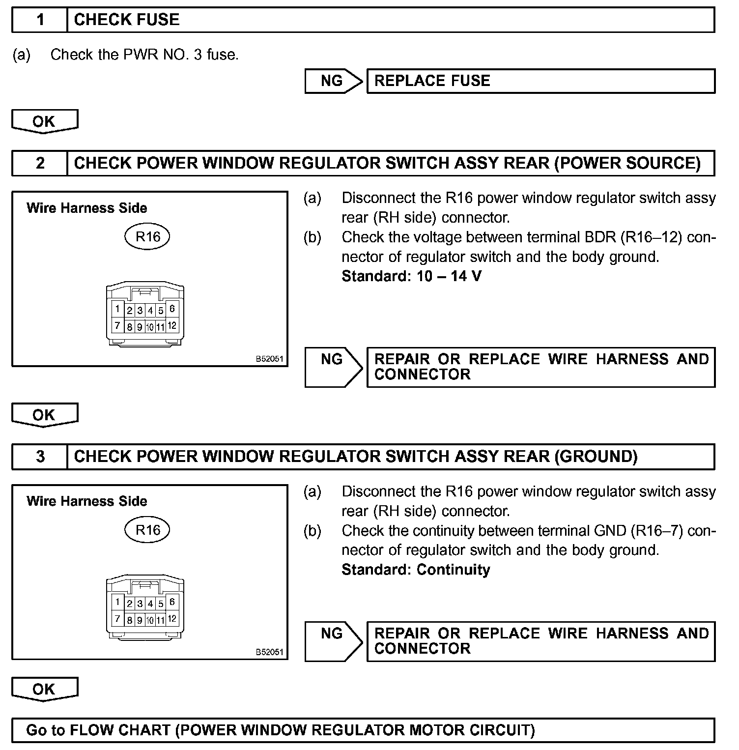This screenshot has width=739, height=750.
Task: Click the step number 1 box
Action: pyautogui.click(x=40, y=20)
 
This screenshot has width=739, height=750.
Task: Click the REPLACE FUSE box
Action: pyautogui.click(x=540, y=81)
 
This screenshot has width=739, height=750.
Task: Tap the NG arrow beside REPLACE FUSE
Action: pyautogui.click(x=333, y=81)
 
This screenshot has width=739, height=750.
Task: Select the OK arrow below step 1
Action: pyautogui.click(x=44, y=121)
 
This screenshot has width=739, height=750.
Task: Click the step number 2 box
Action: pyautogui.click(x=40, y=163)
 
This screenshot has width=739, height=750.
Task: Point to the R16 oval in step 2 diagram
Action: pyautogui.click(x=147, y=237)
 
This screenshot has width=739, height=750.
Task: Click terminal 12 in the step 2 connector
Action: pyautogui.click(x=172, y=325)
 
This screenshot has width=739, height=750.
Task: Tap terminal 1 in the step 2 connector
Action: pyautogui.click(x=117, y=309)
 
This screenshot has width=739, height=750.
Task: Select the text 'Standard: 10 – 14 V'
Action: pyautogui.click(x=411, y=276)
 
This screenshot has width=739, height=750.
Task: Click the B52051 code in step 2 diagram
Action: pyautogui.click(x=269, y=359)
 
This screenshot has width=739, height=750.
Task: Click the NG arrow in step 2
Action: pyautogui.click(x=333, y=367)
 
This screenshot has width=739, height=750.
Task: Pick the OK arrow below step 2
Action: pyautogui.click(x=44, y=415)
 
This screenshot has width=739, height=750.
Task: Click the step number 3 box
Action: pyautogui.click(x=40, y=457)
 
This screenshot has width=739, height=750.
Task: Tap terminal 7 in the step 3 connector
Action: pyautogui.click(x=117, y=619)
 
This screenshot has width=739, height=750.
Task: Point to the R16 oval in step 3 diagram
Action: pyautogui.click(x=147, y=530)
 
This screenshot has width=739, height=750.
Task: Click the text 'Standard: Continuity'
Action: pyautogui.click(x=416, y=570)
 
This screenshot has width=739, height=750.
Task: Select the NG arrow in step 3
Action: pyautogui.click(x=333, y=641)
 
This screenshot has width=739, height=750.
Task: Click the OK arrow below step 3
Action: pyautogui.click(x=44, y=689)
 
